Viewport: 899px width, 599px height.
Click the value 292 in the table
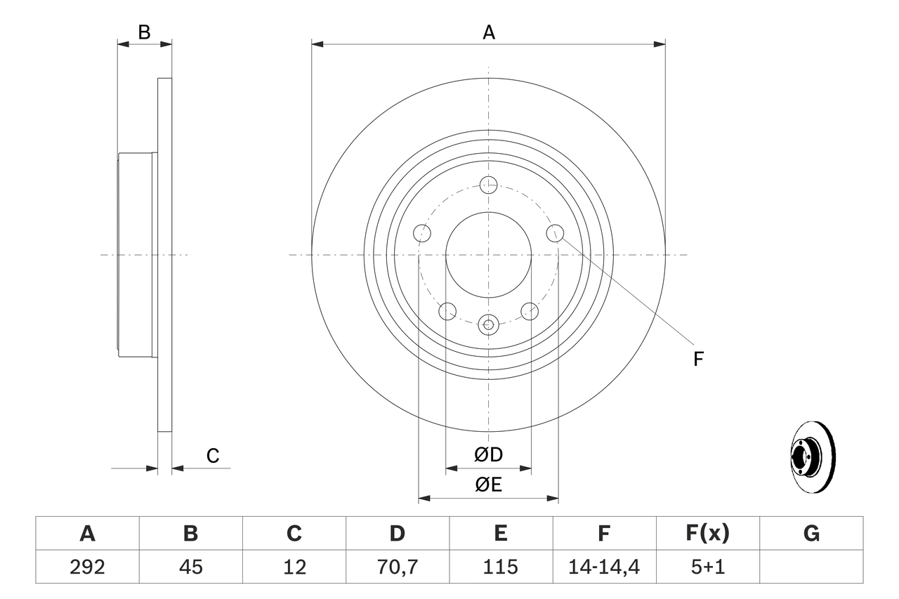click(x=87, y=567)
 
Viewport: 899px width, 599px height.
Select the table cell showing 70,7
click(x=398, y=567)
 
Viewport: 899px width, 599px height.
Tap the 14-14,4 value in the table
click(x=604, y=567)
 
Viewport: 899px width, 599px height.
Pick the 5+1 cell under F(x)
click(x=707, y=567)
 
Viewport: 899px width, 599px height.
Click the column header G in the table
click(x=811, y=534)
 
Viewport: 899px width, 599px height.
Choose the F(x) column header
click(x=707, y=534)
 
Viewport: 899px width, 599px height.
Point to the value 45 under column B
click(x=190, y=567)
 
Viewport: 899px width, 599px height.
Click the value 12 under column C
click(x=294, y=567)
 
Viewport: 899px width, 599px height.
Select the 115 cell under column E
click(x=501, y=567)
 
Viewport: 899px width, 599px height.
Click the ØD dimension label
click(x=488, y=454)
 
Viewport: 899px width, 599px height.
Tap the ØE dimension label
click(x=488, y=485)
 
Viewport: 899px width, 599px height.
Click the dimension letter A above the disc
click(x=488, y=32)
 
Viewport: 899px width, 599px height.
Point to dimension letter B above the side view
click(x=144, y=32)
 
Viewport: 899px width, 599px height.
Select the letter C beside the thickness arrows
click(x=213, y=456)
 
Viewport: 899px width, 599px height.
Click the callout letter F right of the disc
click(x=698, y=360)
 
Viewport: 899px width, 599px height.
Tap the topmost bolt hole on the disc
click(x=488, y=185)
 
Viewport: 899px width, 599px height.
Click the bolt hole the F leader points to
click(x=555, y=232)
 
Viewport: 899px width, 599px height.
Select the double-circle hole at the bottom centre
click(x=488, y=324)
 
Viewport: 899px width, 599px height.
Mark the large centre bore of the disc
click(x=488, y=254)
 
